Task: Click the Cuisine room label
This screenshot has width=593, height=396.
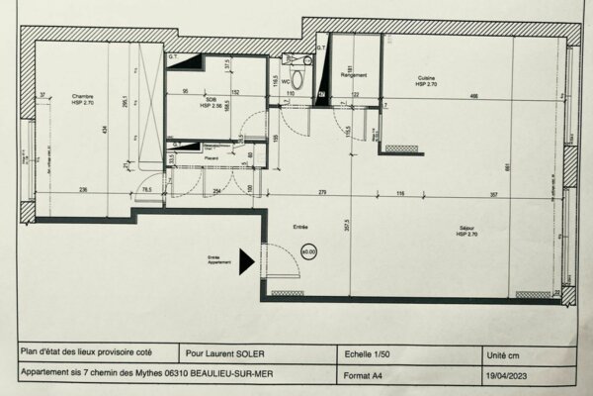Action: (426, 81)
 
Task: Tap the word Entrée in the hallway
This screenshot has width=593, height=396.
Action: (300, 226)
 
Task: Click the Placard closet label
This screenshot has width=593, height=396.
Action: (211, 157)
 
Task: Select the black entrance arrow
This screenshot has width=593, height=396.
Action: (247, 259)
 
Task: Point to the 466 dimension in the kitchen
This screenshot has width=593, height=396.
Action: (474, 95)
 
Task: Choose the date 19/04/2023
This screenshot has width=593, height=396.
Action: (506, 374)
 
